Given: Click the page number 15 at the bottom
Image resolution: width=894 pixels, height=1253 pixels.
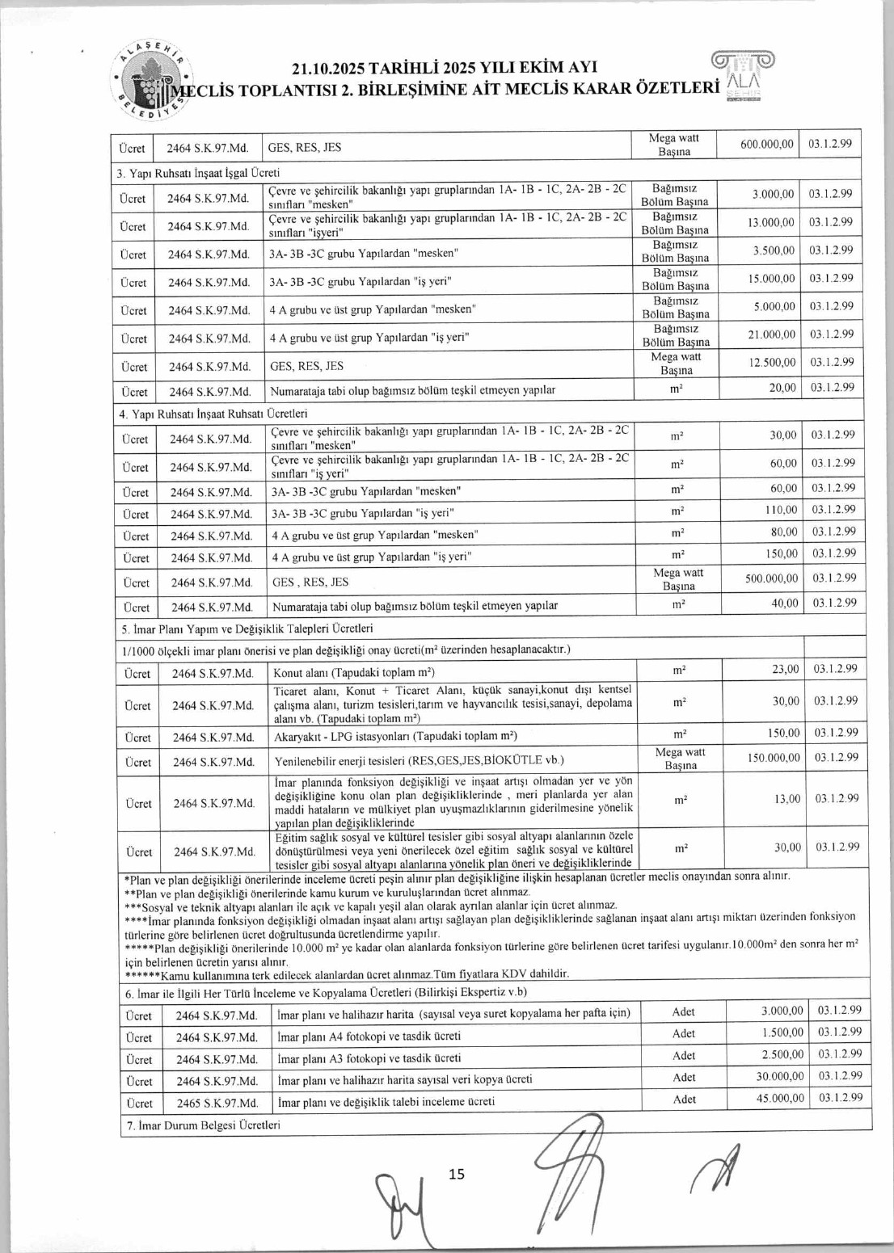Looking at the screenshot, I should point(457,1174).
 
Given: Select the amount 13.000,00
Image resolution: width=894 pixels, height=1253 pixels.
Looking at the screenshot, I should point(771,222).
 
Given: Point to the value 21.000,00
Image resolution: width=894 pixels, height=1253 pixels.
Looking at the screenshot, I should point(772,334).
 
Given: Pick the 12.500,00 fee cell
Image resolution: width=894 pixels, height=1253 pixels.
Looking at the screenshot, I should point(772,363).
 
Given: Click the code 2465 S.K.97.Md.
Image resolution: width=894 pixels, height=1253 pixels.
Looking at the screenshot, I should point(217,1103).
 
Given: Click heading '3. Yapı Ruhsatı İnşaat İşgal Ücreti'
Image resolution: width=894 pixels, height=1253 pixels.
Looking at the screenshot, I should point(198,173).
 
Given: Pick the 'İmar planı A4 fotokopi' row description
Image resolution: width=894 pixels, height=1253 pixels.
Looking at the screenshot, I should point(369,1036).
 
